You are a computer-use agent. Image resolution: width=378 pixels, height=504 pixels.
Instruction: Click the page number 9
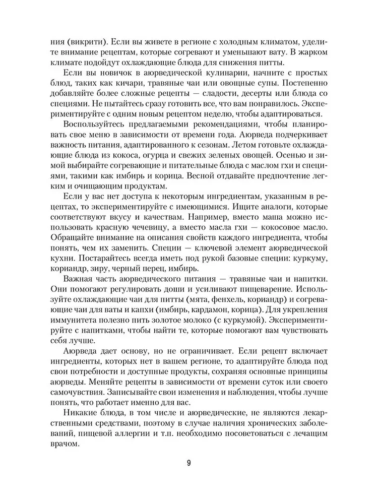pyautogui.click(x=188, y=463)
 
